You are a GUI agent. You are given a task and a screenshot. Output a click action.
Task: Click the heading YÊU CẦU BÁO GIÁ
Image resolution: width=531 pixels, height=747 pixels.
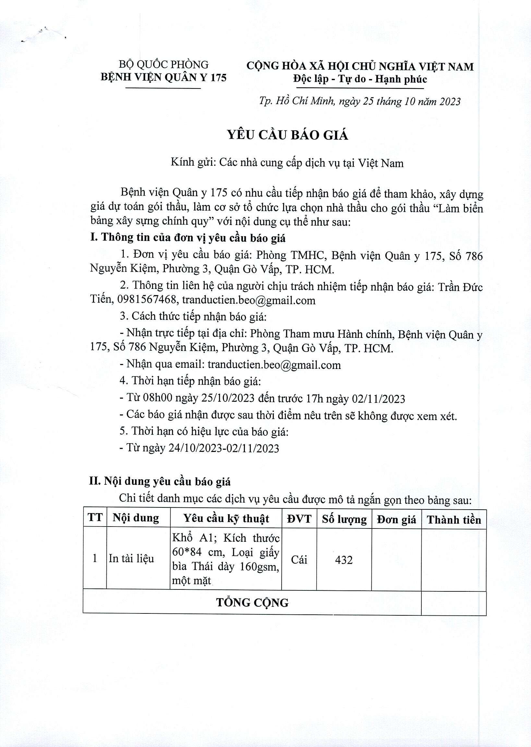(x=288, y=135)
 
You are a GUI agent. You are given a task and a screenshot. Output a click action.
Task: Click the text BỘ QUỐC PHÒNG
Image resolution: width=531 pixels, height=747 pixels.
(x=163, y=65)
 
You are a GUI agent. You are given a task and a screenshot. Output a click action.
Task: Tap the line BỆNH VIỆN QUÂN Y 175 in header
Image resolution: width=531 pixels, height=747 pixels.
(x=163, y=77)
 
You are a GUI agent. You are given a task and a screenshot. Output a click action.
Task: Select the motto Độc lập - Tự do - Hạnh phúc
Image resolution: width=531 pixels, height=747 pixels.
(x=360, y=79)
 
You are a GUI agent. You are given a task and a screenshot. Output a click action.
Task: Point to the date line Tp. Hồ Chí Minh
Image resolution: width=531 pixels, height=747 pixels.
(x=360, y=101)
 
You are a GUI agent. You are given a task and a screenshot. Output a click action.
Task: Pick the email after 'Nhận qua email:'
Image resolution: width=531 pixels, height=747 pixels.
(x=274, y=365)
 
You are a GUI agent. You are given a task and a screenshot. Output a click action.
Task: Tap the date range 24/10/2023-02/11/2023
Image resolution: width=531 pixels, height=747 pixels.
(x=224, y=448)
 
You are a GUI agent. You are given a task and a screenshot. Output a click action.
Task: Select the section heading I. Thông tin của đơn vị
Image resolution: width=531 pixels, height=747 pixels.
(x=188, y=238)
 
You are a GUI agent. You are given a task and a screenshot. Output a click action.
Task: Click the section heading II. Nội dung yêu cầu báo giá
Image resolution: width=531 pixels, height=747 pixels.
(x=160, y=481)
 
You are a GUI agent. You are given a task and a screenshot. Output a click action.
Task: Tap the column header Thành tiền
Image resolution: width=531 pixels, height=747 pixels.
(x=453, y=520)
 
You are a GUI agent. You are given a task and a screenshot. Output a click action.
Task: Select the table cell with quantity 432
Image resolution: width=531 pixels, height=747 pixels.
(x=344, y=560)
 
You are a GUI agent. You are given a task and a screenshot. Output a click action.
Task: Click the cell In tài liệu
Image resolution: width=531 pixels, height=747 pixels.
(x=131, y=558)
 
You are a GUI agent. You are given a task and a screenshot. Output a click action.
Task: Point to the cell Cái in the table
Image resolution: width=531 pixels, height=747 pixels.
(x=299, y=560)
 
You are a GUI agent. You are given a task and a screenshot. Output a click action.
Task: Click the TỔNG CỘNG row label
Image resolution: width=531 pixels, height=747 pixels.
(x=252, y=603)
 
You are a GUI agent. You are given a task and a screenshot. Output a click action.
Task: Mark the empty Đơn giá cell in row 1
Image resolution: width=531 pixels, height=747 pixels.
(x=396, y=559)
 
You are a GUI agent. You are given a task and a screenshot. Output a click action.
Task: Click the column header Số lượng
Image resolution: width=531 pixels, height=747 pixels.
(x=344, y=520)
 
